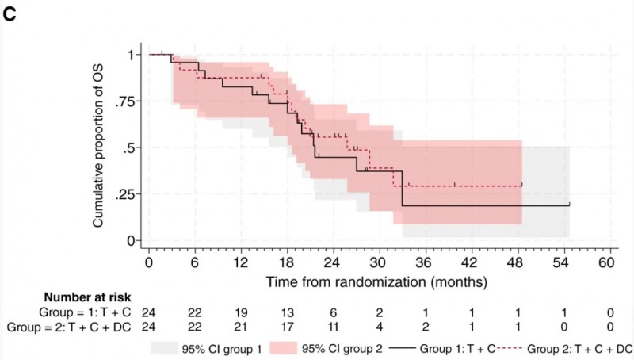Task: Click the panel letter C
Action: (9, 15)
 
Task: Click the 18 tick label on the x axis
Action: (287, 262)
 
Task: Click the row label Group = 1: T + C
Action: (78, 312)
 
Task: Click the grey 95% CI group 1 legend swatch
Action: (170, 347)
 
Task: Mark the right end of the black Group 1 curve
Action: (569, 205)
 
